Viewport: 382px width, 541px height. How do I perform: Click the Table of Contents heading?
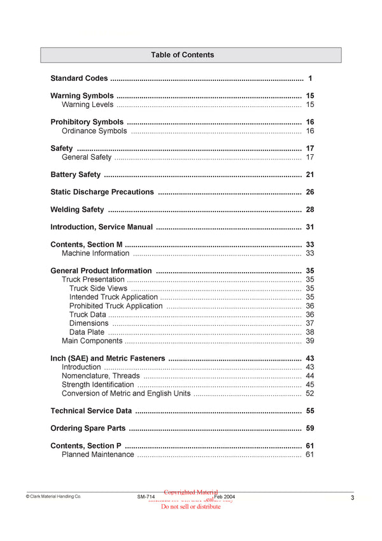coord(182,55)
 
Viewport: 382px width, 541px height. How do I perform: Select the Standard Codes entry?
coord(79,78)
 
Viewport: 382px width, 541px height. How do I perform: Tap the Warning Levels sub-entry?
coord(87,105)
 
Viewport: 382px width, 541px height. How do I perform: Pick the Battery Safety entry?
coord(75,175)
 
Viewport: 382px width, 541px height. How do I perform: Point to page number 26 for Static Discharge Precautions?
coord(310,192)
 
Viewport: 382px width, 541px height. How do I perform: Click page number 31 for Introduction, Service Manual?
coord(310,227)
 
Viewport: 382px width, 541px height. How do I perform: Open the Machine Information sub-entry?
coord(95,253)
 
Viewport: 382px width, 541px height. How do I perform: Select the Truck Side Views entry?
coord(98,288)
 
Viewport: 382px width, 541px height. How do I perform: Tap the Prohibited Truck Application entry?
coord(116,306)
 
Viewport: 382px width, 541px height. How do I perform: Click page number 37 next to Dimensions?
coord(310,323)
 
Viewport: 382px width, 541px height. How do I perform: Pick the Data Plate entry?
coord(87,332)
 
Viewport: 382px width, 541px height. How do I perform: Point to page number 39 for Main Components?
coord(310,341)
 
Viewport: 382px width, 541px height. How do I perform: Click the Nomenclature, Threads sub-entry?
coord(101,376)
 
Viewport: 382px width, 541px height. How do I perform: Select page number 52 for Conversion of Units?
coord(310,393)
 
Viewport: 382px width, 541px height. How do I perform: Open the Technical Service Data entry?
coord(91,411)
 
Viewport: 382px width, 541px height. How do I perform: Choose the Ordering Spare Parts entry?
coord(88,428)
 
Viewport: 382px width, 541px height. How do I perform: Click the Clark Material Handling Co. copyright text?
coord(53,496)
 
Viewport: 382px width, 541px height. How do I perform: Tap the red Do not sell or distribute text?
coord(191,507)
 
